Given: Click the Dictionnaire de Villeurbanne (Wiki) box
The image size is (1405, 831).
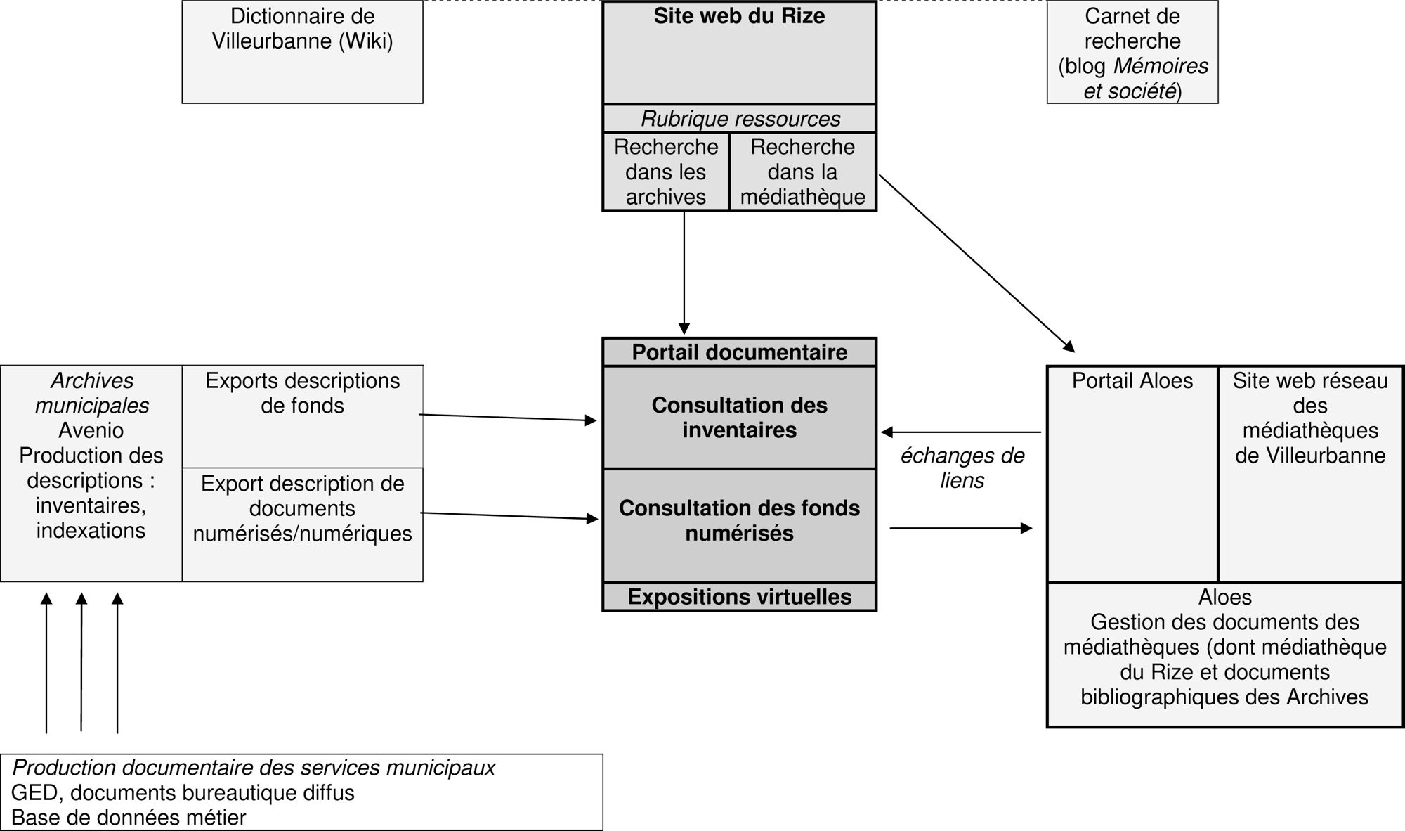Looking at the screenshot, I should tap(302, 52).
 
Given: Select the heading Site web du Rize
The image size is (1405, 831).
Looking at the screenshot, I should tap(739, 16).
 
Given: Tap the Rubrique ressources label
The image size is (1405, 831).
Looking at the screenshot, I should tap(740, 119).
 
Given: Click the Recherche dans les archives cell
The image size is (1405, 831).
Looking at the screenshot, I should tap(665, 172).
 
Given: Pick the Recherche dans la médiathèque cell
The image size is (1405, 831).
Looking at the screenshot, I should tap(802, 172).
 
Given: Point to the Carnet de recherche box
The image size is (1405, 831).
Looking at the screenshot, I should tap(1132, 53).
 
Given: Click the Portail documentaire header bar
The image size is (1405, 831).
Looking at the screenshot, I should tap(739, 352).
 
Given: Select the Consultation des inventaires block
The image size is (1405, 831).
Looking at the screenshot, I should tap(739, 418).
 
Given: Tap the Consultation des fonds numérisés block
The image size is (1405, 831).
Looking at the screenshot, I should tap(739, 521).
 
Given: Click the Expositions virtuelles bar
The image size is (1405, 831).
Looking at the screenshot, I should tap(739, 597).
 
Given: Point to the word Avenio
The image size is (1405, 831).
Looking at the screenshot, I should tap(91, 430).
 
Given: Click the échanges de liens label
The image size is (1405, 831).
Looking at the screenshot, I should tap(962, 468).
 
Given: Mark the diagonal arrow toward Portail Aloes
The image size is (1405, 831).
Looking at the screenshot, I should tap(976, 263).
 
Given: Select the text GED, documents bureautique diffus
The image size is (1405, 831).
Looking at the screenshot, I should tap(183, 793).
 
